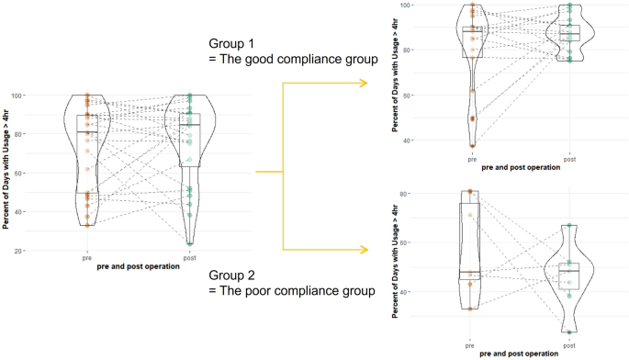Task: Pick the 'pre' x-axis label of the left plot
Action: (86, 258)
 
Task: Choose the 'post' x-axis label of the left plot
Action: (190, 258)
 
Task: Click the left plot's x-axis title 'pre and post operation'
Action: (138, 267)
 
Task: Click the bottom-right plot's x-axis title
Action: (520, 354)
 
